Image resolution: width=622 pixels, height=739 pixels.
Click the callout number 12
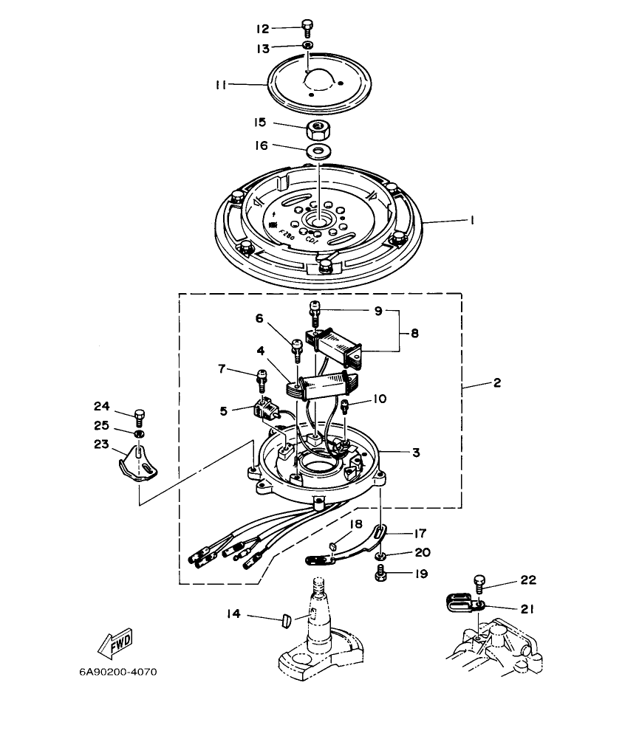click(x=262, y=29)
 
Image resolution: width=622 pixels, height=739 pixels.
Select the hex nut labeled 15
click(x=318, y=131)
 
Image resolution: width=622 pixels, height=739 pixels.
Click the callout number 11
click(x=221, y=85)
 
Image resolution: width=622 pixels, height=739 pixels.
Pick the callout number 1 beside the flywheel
click(x=471, y=220)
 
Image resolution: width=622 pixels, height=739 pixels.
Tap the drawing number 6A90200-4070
click(x=118, y=673)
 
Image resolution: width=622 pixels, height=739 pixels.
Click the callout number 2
click(x=496, y=382)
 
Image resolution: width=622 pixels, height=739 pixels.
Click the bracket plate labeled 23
click(x=139, y=464)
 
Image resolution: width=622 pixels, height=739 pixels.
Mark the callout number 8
click(x=414, y=334)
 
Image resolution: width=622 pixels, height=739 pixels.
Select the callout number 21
click(x=526, y=609)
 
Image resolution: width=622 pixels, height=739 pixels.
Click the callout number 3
click(x=416, y=453)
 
